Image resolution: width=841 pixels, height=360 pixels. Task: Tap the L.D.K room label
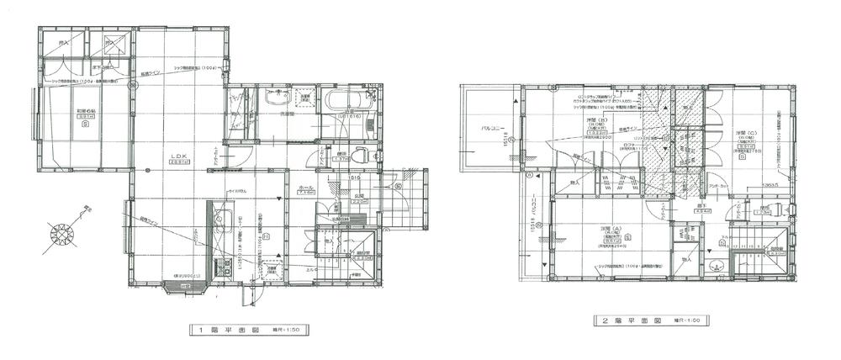click(179, 156)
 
